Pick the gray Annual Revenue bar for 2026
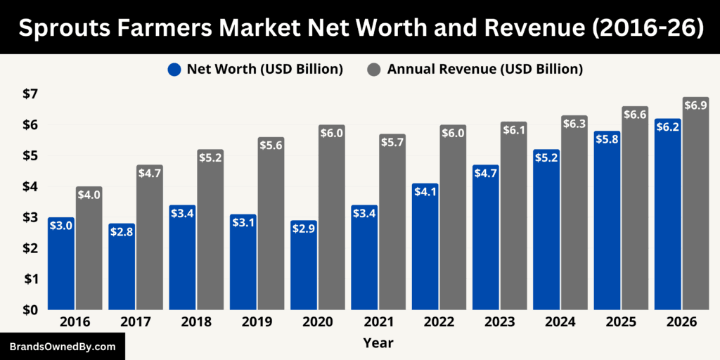coord(695,211)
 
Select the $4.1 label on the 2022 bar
coord(425,192)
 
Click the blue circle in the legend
coord(175,69)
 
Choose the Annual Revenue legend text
coord(484,69)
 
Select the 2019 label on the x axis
coord(257,322)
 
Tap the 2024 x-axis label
coord(560,322)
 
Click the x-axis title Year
coord(378,343)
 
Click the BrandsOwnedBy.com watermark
coord(63,347)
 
